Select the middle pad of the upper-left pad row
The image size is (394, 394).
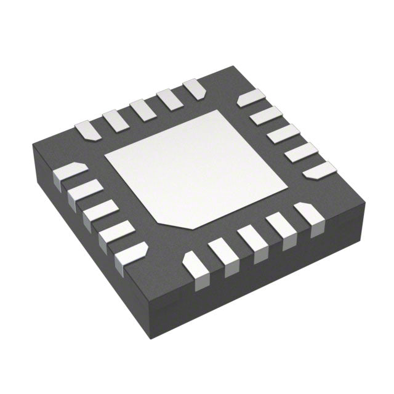142,110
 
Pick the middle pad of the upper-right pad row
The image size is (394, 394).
284,133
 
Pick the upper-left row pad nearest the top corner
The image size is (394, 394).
195,88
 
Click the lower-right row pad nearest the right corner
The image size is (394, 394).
308,216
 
